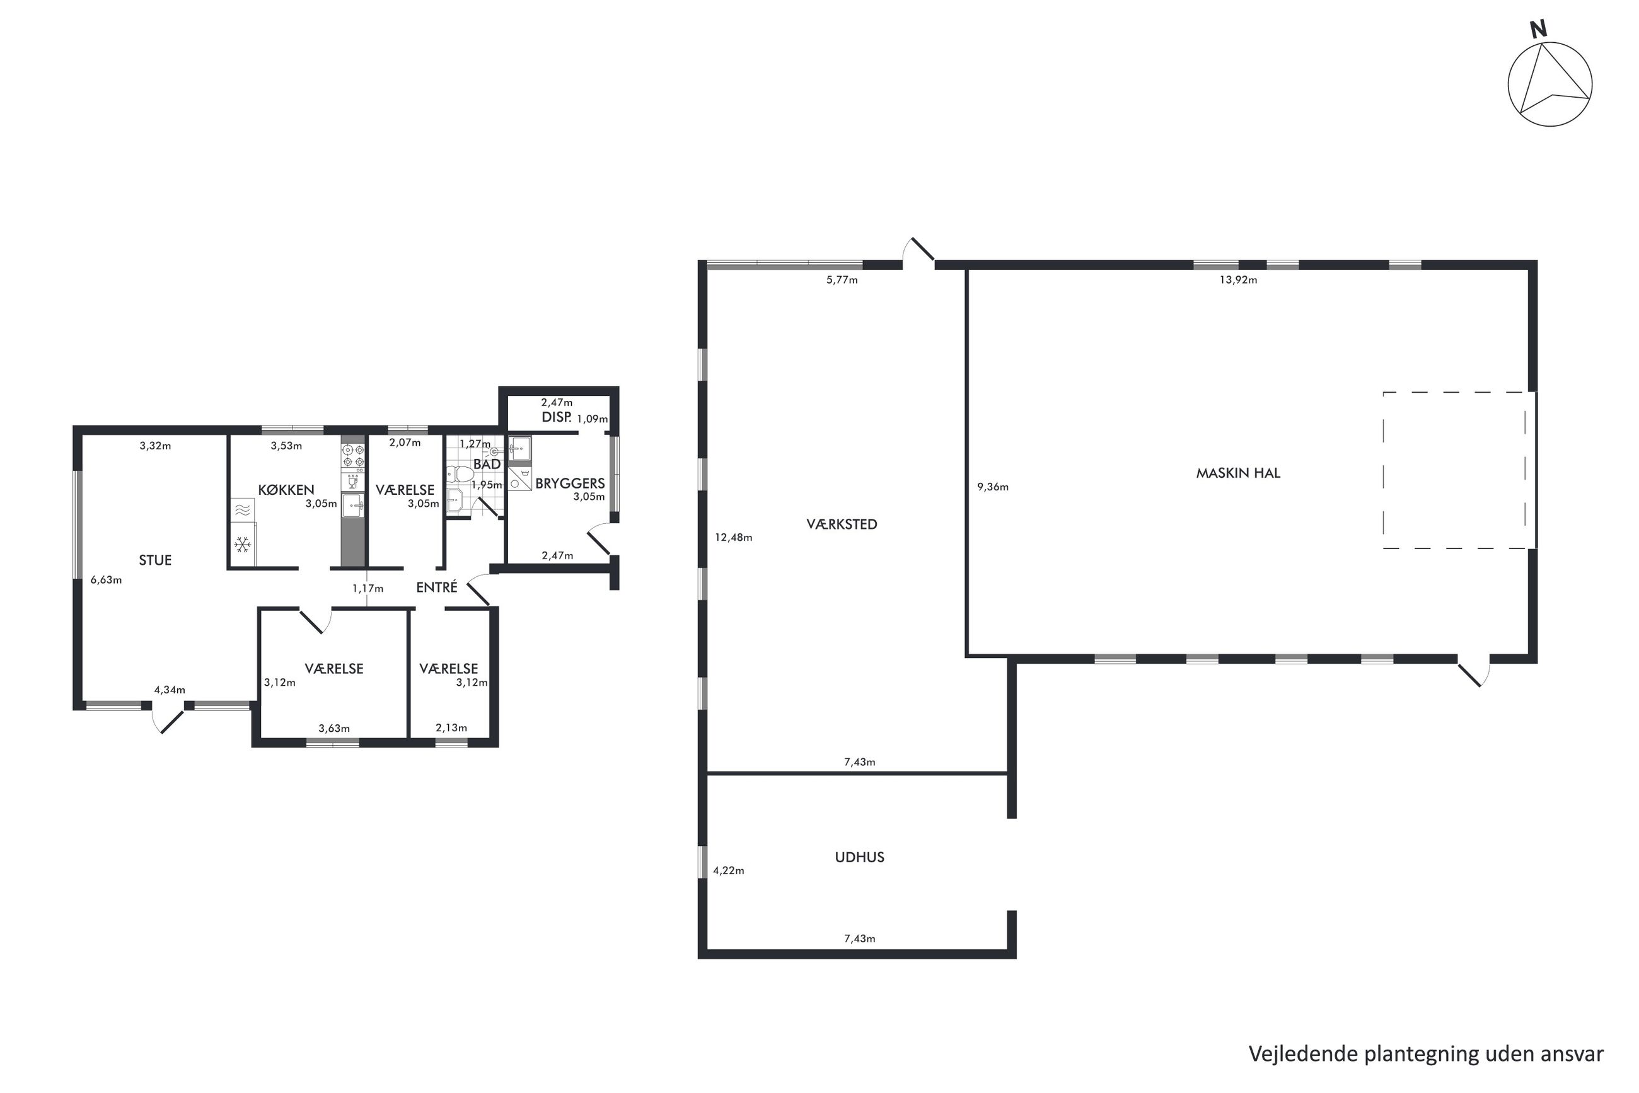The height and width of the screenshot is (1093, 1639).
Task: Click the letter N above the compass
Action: [1538, 28]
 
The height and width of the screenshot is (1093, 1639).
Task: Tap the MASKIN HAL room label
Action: [1238, 473]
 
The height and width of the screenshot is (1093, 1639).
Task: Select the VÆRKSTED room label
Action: [842, 524]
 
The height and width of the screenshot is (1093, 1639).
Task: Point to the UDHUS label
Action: [860, 857]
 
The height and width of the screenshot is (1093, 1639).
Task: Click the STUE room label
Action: [155, 560]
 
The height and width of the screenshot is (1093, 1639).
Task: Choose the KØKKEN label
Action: [286, 490]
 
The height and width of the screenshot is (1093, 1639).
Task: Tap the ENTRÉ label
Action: [436, 587]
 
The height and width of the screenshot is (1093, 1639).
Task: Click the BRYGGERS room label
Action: [570, 483]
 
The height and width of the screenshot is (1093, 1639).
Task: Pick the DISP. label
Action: [557, 417]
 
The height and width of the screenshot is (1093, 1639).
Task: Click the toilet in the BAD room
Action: [461, 474]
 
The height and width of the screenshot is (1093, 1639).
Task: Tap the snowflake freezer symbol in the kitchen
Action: [243, 544]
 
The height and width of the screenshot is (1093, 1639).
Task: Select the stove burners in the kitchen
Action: [353, 456]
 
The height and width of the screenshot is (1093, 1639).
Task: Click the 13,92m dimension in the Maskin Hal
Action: [1238, 280]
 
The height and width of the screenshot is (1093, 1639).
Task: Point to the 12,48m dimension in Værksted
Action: [733, 538]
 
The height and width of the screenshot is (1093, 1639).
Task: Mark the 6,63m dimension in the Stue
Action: [106, 580]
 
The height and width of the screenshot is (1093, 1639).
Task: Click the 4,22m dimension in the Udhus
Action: [729, 870]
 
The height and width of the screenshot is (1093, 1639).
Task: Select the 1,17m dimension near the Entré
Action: [368, 588]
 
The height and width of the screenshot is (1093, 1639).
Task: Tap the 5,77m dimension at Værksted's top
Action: [842, 280]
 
